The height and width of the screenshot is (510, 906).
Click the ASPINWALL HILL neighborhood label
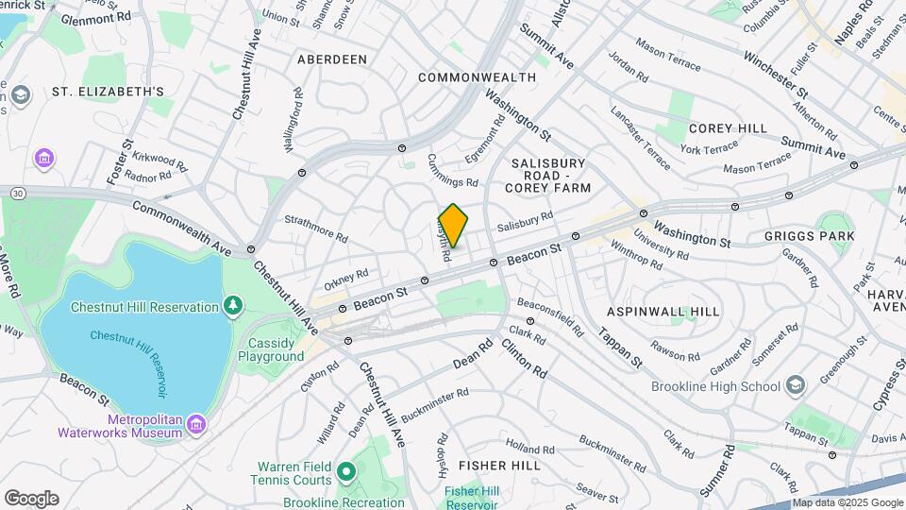coord(663,311)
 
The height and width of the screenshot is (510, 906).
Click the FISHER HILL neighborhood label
coord(499,465)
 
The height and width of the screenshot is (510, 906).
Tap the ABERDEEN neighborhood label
coord(331,59)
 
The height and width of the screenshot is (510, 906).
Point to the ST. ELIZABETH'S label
coord(109,92)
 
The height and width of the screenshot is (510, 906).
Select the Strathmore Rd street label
coord(316,227)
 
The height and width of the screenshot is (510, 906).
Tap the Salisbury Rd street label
coord(524,223)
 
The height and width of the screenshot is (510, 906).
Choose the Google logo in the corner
coord(31,498)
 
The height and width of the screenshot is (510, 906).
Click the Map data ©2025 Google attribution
coord(846,502)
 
